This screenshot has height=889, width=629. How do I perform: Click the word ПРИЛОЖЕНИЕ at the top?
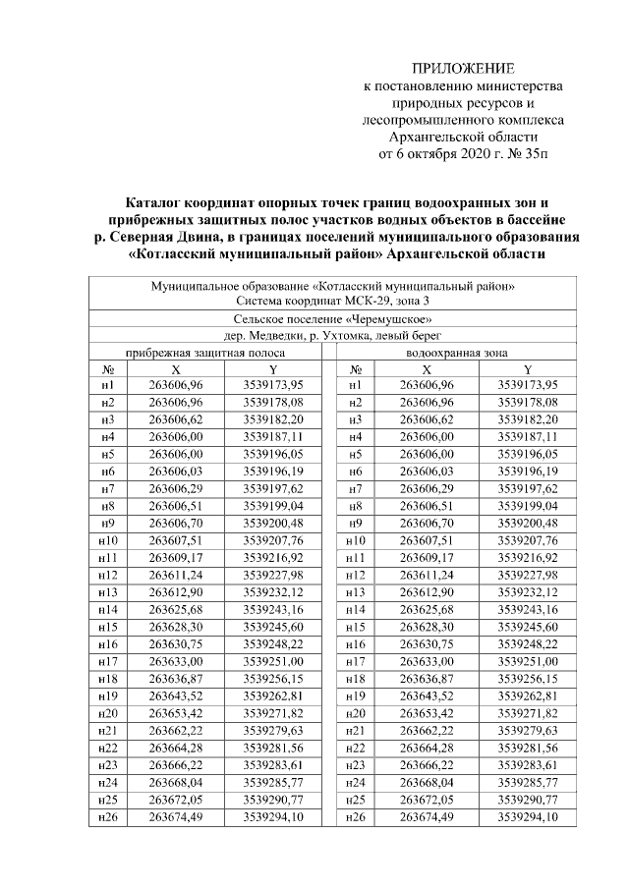pyautogui.click(x=462, y=68)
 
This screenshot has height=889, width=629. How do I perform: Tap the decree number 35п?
pyautogui.click(x=551, y=155)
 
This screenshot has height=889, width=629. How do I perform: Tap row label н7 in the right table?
pyautogui.click(x=356, y=488)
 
